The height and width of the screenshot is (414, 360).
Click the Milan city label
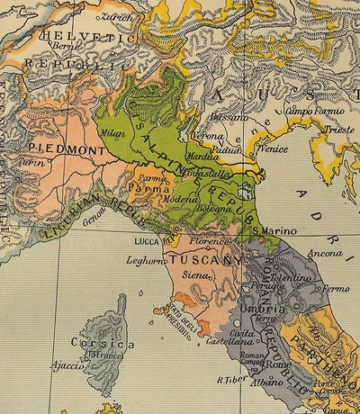(113, 133)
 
